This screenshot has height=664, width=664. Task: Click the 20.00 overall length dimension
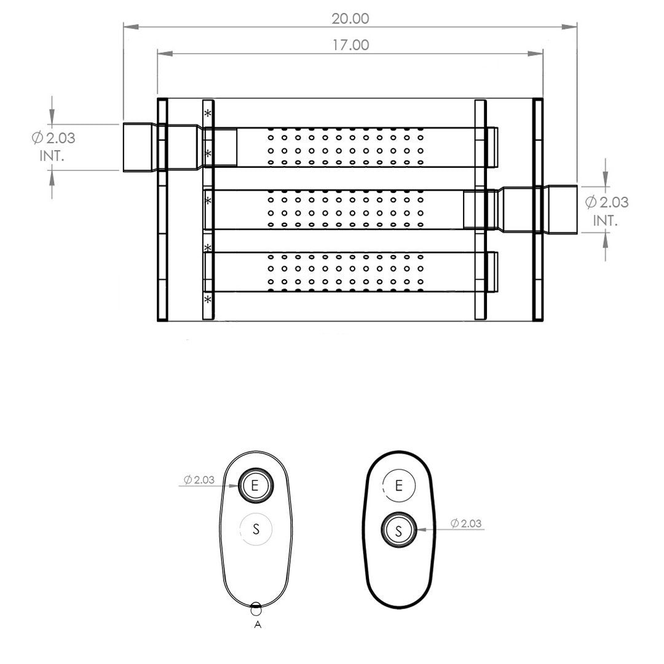click(350, 18)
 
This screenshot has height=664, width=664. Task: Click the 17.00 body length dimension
click(350, 45)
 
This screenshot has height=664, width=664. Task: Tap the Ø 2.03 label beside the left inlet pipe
click(53, 138)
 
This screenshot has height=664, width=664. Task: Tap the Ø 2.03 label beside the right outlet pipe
click(607, 202)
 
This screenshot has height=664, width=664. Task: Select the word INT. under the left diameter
click(52, 156)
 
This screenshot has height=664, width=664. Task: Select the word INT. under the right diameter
click(605, 221)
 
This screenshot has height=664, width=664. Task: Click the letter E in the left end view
click(255, 485)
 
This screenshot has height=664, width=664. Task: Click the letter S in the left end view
click(256, 529)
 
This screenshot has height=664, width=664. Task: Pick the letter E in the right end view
click(398, 485)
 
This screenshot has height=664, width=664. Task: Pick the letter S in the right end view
click(398, 531)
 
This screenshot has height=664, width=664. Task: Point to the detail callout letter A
click(258, 625)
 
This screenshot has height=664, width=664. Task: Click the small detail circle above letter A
click(256, 609)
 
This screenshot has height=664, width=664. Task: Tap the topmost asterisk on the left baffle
click(208, 113)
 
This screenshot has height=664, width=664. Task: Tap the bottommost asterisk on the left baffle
click(208, 300)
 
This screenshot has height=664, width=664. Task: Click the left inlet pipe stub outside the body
click(140, 148)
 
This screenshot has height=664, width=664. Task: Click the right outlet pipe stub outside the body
click(560, 209)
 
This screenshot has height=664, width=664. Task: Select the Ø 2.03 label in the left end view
click(199, 480)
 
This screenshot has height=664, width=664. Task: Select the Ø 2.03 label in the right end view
click(466, 523)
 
